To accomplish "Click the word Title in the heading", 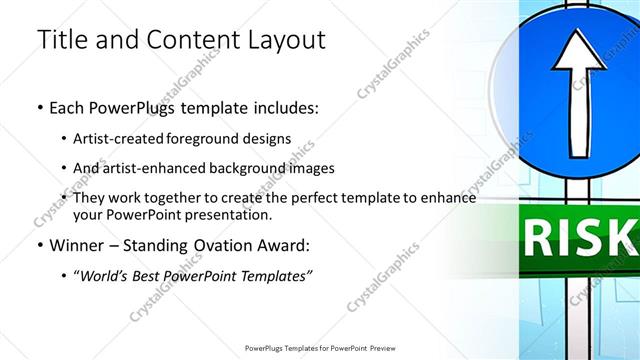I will (x=61, y=40).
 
